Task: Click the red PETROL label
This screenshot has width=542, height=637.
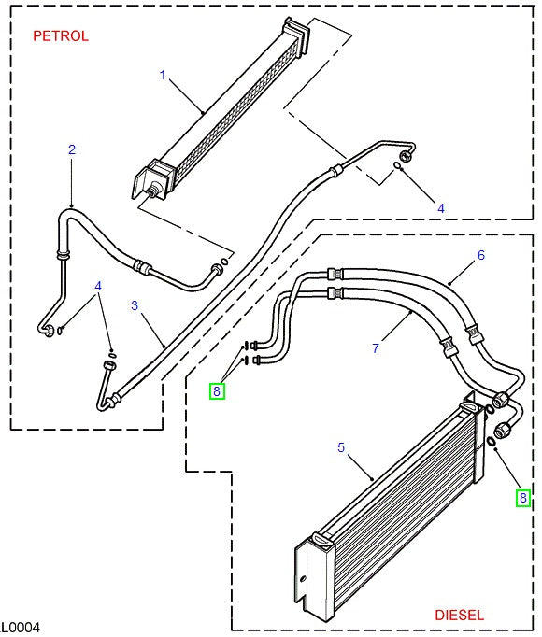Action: click(61, 36)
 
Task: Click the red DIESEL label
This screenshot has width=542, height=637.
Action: click(459, 615)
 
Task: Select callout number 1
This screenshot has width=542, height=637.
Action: click(162, 75)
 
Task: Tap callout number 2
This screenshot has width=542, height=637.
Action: click(72, 149)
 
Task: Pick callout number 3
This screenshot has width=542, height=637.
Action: click(135, 305)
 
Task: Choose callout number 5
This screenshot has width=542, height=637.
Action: click(341, 447)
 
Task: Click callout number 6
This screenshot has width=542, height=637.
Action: click(481, 255)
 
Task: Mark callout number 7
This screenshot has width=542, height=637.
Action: click(375, 348)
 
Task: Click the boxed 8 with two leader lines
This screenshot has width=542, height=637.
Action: click(217, 391)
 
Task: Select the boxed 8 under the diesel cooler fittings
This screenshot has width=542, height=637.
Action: click(523, 498)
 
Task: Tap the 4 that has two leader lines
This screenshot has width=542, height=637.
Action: click(97, 286)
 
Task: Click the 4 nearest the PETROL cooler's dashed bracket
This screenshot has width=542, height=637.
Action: click(441, 207)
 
